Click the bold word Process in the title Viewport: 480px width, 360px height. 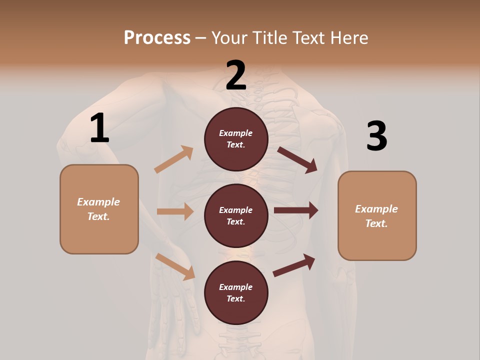157,37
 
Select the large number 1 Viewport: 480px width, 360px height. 99,128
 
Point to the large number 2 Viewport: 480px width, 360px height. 236,75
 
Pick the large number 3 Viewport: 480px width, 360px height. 376,136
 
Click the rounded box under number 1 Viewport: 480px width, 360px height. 99,209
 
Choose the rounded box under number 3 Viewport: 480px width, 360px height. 377,215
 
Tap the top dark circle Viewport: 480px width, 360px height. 236,139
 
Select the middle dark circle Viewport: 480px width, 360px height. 236,215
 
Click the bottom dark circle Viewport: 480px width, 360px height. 236,292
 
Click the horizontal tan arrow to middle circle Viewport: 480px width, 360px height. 175,211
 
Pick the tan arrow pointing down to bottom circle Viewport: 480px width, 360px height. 175,266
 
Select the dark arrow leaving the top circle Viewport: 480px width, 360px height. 297,160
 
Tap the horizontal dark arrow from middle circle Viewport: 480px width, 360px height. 296,210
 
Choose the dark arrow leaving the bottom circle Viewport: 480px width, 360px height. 294,265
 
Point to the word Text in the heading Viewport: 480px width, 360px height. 309,37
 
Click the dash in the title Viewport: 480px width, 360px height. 200,38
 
